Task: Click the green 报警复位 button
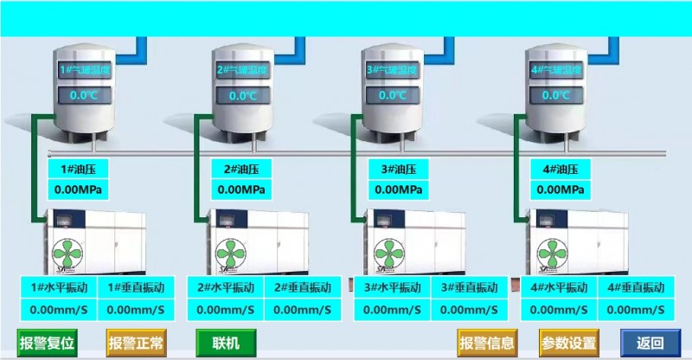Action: point(48,343)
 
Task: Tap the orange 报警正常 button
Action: point(136,343)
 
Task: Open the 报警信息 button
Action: point(488,343)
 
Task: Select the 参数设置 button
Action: point(569,343)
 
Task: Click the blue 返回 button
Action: point(650,343)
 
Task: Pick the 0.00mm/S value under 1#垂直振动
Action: point(137,309)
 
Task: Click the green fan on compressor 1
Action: point(71,254)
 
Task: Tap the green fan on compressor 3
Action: point(393,254)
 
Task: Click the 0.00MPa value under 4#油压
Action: point(561,190)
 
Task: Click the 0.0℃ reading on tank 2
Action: point(242,95)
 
